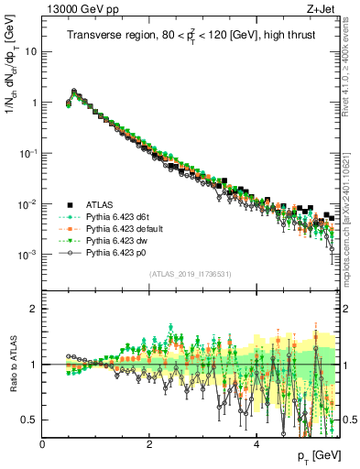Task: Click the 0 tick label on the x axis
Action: [42, 443]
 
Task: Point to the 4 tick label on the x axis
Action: [257, 443]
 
